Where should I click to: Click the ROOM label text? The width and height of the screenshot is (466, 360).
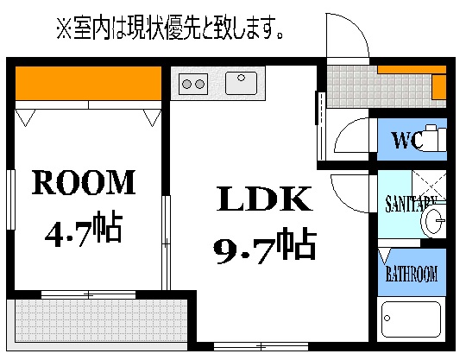[84, 183]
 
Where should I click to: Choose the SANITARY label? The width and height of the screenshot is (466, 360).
[409, 205]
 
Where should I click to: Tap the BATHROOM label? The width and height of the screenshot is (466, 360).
[411, 275]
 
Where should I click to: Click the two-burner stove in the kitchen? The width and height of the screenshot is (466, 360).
[193, 84]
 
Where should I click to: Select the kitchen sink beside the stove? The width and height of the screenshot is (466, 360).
[241, 83]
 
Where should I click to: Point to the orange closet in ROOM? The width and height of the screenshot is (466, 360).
[89, 84]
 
